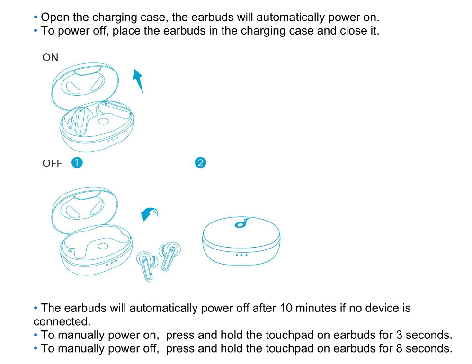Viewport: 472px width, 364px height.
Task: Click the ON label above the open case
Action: [50, 58]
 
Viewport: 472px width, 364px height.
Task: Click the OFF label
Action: [52, 163]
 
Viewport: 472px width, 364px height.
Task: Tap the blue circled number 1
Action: [77, 162]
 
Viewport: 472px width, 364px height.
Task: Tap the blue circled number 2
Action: [200, 162]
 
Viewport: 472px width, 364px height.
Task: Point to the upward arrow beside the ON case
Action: [138, 80]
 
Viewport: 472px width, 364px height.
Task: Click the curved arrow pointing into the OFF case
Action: [150, 214]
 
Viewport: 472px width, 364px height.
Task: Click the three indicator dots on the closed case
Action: [241, 255]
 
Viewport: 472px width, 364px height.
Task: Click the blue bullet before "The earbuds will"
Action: [36, 308]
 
